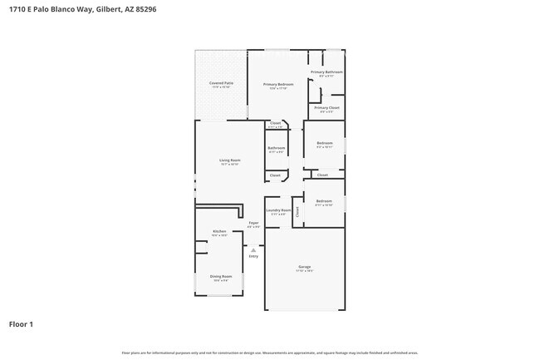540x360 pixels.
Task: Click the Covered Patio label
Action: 220,83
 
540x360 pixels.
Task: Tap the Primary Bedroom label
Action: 278,85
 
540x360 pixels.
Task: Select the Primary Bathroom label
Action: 326,72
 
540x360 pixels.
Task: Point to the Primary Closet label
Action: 326,108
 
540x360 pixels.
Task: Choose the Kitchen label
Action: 219,231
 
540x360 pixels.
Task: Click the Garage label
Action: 305,267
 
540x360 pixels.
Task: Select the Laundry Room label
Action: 278,210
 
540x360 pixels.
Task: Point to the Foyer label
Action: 254,223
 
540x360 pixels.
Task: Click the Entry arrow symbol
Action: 253,249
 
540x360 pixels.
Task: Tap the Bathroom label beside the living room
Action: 276,148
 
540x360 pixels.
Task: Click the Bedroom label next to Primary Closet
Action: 324,143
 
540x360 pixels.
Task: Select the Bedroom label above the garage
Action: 324,201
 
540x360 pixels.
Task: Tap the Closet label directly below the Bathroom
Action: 275,175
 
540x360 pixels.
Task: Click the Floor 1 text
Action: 21,323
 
